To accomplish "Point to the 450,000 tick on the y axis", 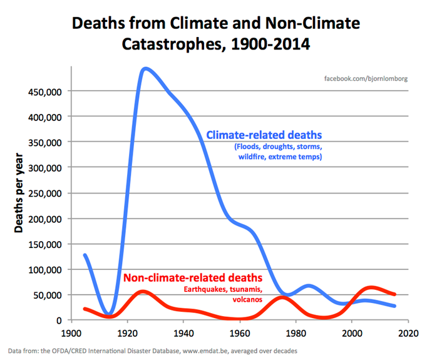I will (x=46, y=91).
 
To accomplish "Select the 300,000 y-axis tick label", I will (x=46, y=168).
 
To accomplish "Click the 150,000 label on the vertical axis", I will (x=46, y=244).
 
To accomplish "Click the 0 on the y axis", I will (x=59, y=321).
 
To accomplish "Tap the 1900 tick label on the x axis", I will (x=71, y=332).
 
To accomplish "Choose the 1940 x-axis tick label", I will (x=183, y=332).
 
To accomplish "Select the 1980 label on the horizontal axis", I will (x=296, y=332).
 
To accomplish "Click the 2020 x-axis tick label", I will (x=408, y=332).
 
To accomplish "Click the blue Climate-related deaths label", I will (x=264, y=135).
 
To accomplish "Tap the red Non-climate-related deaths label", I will (x=192, y=277).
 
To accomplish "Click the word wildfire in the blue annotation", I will (x=252, y=157).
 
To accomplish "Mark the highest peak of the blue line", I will (x=146, y=68).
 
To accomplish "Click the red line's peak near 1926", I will (x=143, y=292).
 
